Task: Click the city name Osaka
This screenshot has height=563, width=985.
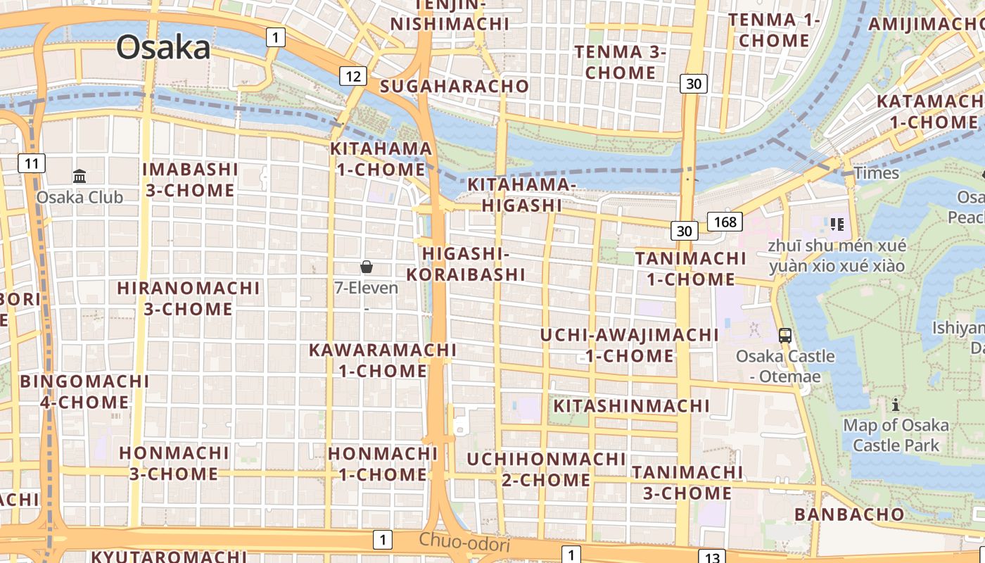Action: (x=163, y=48)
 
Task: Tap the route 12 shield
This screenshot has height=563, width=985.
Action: (x=352, y=76)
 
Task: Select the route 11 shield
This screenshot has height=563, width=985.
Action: (x=31, y=164)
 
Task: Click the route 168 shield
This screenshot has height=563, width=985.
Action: (x=725, y=222)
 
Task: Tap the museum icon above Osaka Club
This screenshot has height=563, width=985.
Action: (x=80, y=176)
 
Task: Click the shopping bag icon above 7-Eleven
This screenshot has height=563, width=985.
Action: (x=366, y=267)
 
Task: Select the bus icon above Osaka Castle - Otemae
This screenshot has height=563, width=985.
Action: (x=785, y=336)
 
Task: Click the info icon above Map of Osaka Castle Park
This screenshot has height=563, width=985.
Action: (x=896, y=405)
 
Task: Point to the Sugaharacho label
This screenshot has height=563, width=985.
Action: (x=454, y=86)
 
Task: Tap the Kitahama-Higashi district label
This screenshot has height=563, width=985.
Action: (x=522, y=195)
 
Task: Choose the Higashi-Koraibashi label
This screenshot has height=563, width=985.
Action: (x=466, y=264)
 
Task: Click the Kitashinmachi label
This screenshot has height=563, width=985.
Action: (x=631, y=406)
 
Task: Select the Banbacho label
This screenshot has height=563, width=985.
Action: (x=849, y=514)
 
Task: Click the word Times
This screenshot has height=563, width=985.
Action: (x=876, y=173)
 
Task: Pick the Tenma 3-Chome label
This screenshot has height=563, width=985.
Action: (x=621, y=62)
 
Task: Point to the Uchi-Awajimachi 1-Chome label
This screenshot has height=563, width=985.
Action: (x=630, y=345)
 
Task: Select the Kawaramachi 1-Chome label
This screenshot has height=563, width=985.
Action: (x=383, y=360)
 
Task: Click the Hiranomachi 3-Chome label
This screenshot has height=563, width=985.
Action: (x=189, y=298)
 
